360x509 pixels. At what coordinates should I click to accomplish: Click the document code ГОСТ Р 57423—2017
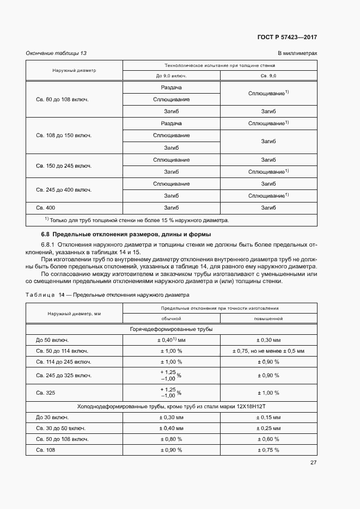pyautogui.click(x=286, y=38)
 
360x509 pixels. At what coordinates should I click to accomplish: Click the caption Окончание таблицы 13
pyautogui.click(x=57, y=53)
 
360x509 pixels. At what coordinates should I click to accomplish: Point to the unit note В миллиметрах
pyautogui.click(x=297, y=53)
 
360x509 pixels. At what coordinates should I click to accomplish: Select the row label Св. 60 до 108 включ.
pyautogui.click(x=62, y=100)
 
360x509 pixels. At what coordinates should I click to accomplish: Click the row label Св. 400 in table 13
pyautogui.click(x=46, y=207)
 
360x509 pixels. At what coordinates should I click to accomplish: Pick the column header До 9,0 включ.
pyautogui.click(x=171, y=76)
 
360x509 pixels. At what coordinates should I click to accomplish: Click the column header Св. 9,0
pyautogui.click(x=268, y=76)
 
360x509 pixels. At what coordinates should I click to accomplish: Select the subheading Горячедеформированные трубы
pyautogui.click(x=171, y=329)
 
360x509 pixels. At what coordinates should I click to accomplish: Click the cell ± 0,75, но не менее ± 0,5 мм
pyautogui.click(x=268, y=351)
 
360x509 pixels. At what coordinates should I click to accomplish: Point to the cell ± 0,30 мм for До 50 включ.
pyautogui.click(x=268, y=340)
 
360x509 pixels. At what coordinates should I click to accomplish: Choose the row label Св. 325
pyautogui.click(x=46, y=393)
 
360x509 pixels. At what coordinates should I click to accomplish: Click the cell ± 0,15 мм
pyautogui.click(x=268, y=418)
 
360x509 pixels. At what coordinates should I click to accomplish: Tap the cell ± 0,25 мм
pyautogui.click(x=268, y=428)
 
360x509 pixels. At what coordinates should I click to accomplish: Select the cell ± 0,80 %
pyautogui.click(x=171, y=439)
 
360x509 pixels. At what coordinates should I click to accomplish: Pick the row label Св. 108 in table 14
pyautogui.click(x=46, y=450)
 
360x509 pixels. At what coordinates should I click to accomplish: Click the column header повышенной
pyautogui.click(x=268, y=318)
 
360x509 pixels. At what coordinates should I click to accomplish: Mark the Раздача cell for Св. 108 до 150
pyautogui.click(x=171, y=124)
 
